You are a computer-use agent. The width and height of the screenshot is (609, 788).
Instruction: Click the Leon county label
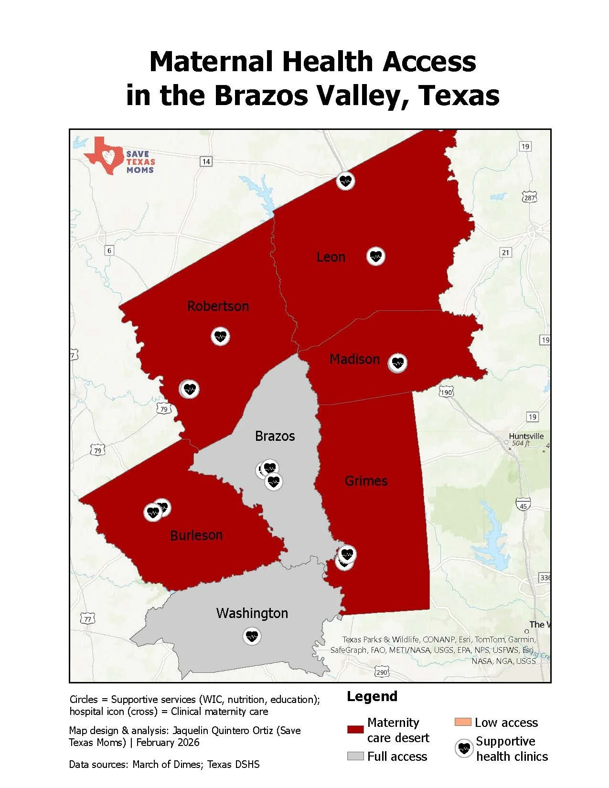pos(331,257)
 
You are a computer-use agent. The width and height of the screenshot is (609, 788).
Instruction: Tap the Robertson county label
pos(218,306)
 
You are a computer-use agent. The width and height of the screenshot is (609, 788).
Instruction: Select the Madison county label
pos(354,359)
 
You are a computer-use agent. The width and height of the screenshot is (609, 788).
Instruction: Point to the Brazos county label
pos(275,436)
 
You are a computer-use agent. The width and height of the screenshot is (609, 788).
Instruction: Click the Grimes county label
pos(366,480)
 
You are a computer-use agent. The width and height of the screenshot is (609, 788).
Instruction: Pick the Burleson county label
pos(196,535)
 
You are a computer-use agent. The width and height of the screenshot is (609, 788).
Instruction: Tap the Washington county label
pos(252,613)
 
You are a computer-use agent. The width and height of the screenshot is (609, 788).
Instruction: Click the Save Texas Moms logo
pos(119,157)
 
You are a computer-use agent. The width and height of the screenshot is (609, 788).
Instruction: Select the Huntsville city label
pos(526,436)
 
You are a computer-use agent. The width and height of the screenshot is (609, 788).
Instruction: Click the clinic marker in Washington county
pos(252,636)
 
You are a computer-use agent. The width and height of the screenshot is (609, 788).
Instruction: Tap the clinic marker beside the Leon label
pos(376,256)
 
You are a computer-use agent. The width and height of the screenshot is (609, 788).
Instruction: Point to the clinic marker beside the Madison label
pos(397,363)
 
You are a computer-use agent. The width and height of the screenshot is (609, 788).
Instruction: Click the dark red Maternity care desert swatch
pos(355,730)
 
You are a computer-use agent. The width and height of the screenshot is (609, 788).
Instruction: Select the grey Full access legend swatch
pos(355,756)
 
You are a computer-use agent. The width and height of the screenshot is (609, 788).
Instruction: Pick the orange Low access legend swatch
pos(463,722)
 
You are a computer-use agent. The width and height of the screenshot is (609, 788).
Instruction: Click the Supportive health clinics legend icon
pos(463,748)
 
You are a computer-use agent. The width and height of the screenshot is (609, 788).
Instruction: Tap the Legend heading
pos(372,696)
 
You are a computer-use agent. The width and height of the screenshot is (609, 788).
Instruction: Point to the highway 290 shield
pos(381,672)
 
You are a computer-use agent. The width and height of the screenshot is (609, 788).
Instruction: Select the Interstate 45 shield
pos(523,503)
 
